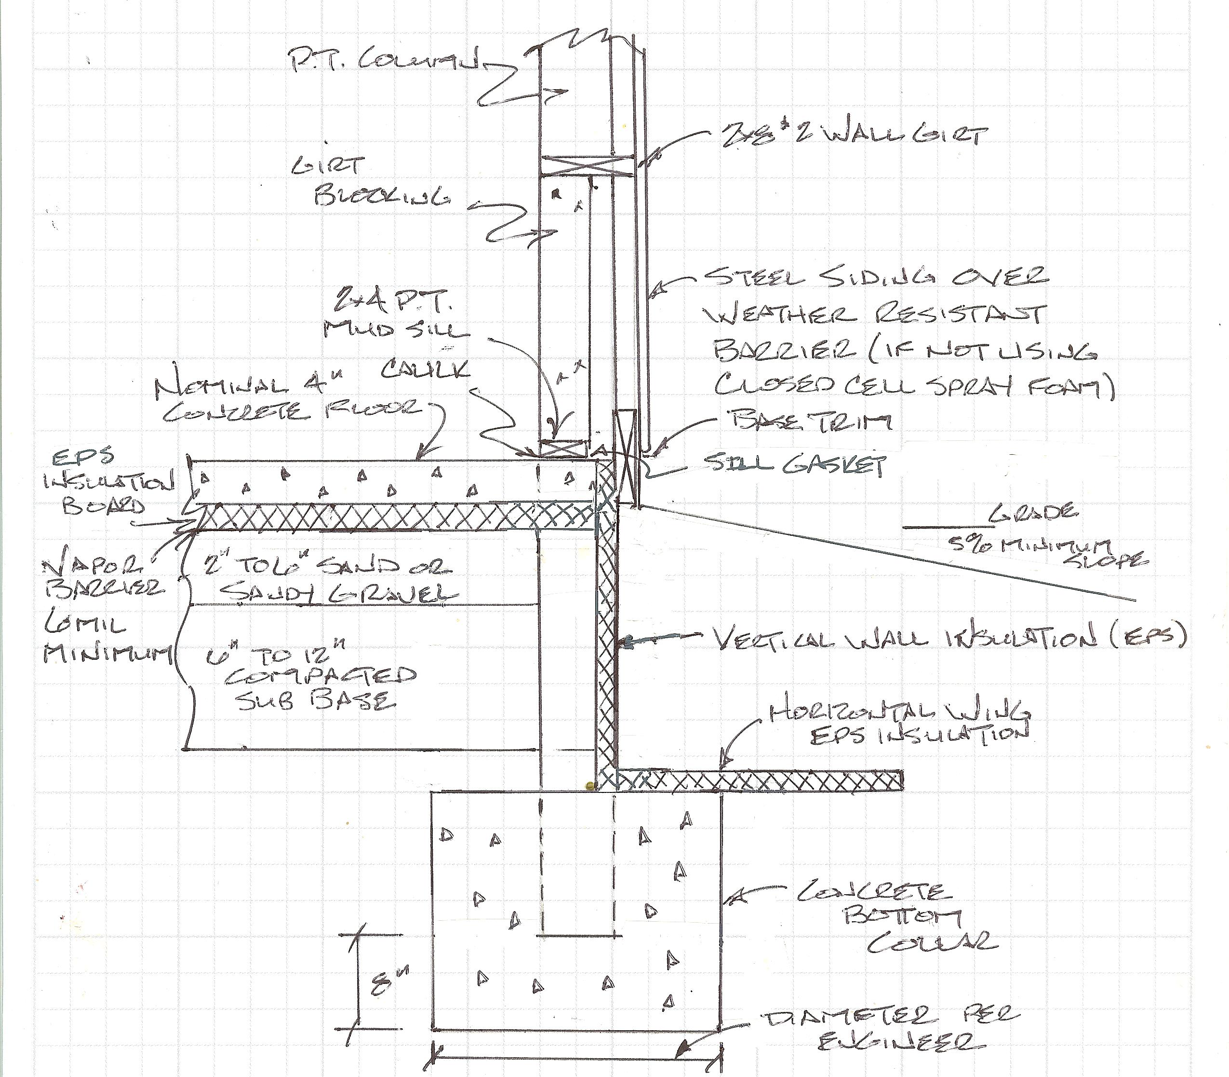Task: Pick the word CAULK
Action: [x=425, y=371]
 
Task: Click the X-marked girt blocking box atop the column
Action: [x=586, y=166]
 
